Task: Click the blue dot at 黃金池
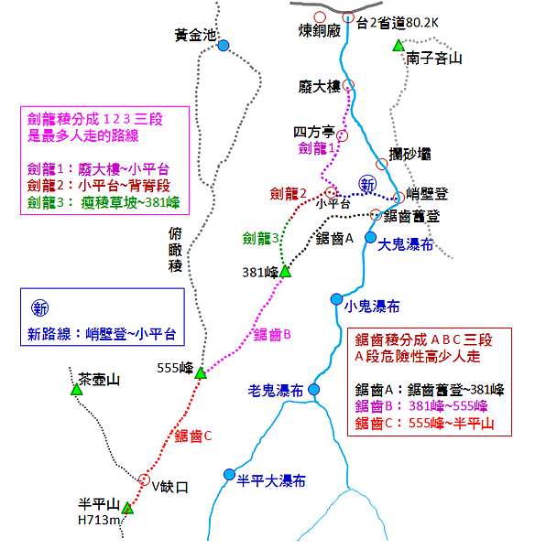224,46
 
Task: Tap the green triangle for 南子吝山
399,46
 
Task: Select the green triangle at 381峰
286,272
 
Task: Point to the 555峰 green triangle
201,373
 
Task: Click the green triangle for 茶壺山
76,390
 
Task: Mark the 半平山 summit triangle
128,508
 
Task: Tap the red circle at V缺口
144,479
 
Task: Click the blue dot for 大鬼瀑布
371,237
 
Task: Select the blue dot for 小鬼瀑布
336,299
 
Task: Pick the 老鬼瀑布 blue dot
314,390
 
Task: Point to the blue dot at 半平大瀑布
229,475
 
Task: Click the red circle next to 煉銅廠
320,16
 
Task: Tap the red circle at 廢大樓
348,85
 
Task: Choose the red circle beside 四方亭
343,135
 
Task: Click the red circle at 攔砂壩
382,164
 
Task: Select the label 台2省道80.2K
398,23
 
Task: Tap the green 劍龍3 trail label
260,239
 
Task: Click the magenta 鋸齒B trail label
272,335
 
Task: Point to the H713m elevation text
99,521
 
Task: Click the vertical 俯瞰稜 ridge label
175,250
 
